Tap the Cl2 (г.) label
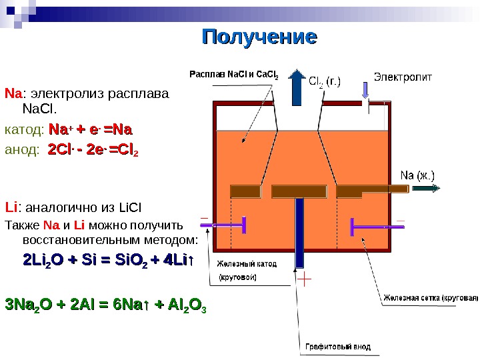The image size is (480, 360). click(325, 83)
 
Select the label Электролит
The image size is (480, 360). click(402, 76)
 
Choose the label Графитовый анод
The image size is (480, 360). click(338, 347)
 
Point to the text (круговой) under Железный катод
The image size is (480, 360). click(238, 277)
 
